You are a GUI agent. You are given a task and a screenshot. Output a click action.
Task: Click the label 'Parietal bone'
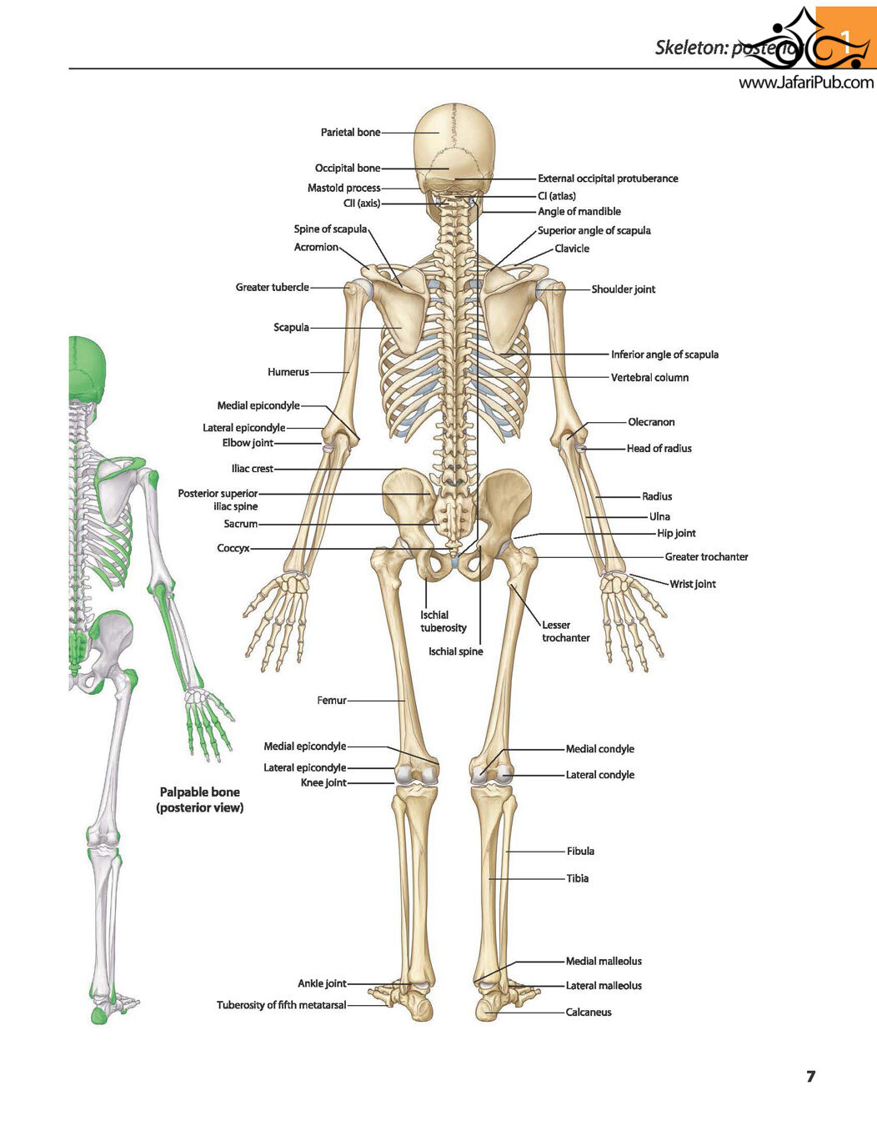pyautogui.click(x=350, y=133)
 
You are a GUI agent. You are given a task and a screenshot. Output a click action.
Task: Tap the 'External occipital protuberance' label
pyautogui.click(x=608, y=178)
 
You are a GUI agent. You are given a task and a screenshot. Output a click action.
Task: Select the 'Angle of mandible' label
pyautogui.click(x=579, y=211)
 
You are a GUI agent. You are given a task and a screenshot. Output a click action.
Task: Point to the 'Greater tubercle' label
pyautogui.click(x=272, y=287)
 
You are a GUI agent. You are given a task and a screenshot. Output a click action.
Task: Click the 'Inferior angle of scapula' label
pyautogui.click(x=665, y=354)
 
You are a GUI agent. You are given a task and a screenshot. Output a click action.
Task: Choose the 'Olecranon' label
pyautogui.click(x=651, y=422)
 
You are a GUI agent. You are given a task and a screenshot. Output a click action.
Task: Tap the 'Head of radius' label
pyautogui.click(x=659, y=448)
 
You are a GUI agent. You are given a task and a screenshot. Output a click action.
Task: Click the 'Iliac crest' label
pyautogui.click(x=253, y=469)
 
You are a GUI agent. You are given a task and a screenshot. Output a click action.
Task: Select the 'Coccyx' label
pyautogui.click(x=233, y=548)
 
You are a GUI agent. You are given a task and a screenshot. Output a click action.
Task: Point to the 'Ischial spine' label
pyautogui.click(x=455, y=651)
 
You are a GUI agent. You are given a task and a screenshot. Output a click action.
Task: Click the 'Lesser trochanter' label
pyautogui.click(x=566, y=631)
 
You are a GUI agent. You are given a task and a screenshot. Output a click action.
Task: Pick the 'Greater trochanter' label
pyautogui.click(x=706, y=557)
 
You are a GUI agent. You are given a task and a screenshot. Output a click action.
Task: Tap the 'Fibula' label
pyautogui.click(x=580, y=851)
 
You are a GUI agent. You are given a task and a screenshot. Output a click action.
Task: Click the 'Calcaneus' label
pyautogui.click(x=589, y=1012)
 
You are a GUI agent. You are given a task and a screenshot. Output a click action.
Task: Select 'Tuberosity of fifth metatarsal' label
pyautogui.click(x=282, y=1005)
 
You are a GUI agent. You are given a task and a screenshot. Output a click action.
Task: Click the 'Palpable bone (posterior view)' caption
pyautogui.click(x=199, y=800)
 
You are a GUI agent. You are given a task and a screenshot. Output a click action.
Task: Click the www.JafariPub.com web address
pyautogui.click(x=806, y=82)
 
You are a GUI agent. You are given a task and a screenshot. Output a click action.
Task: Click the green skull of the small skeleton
pyautogui.click(x=88, y=369)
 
